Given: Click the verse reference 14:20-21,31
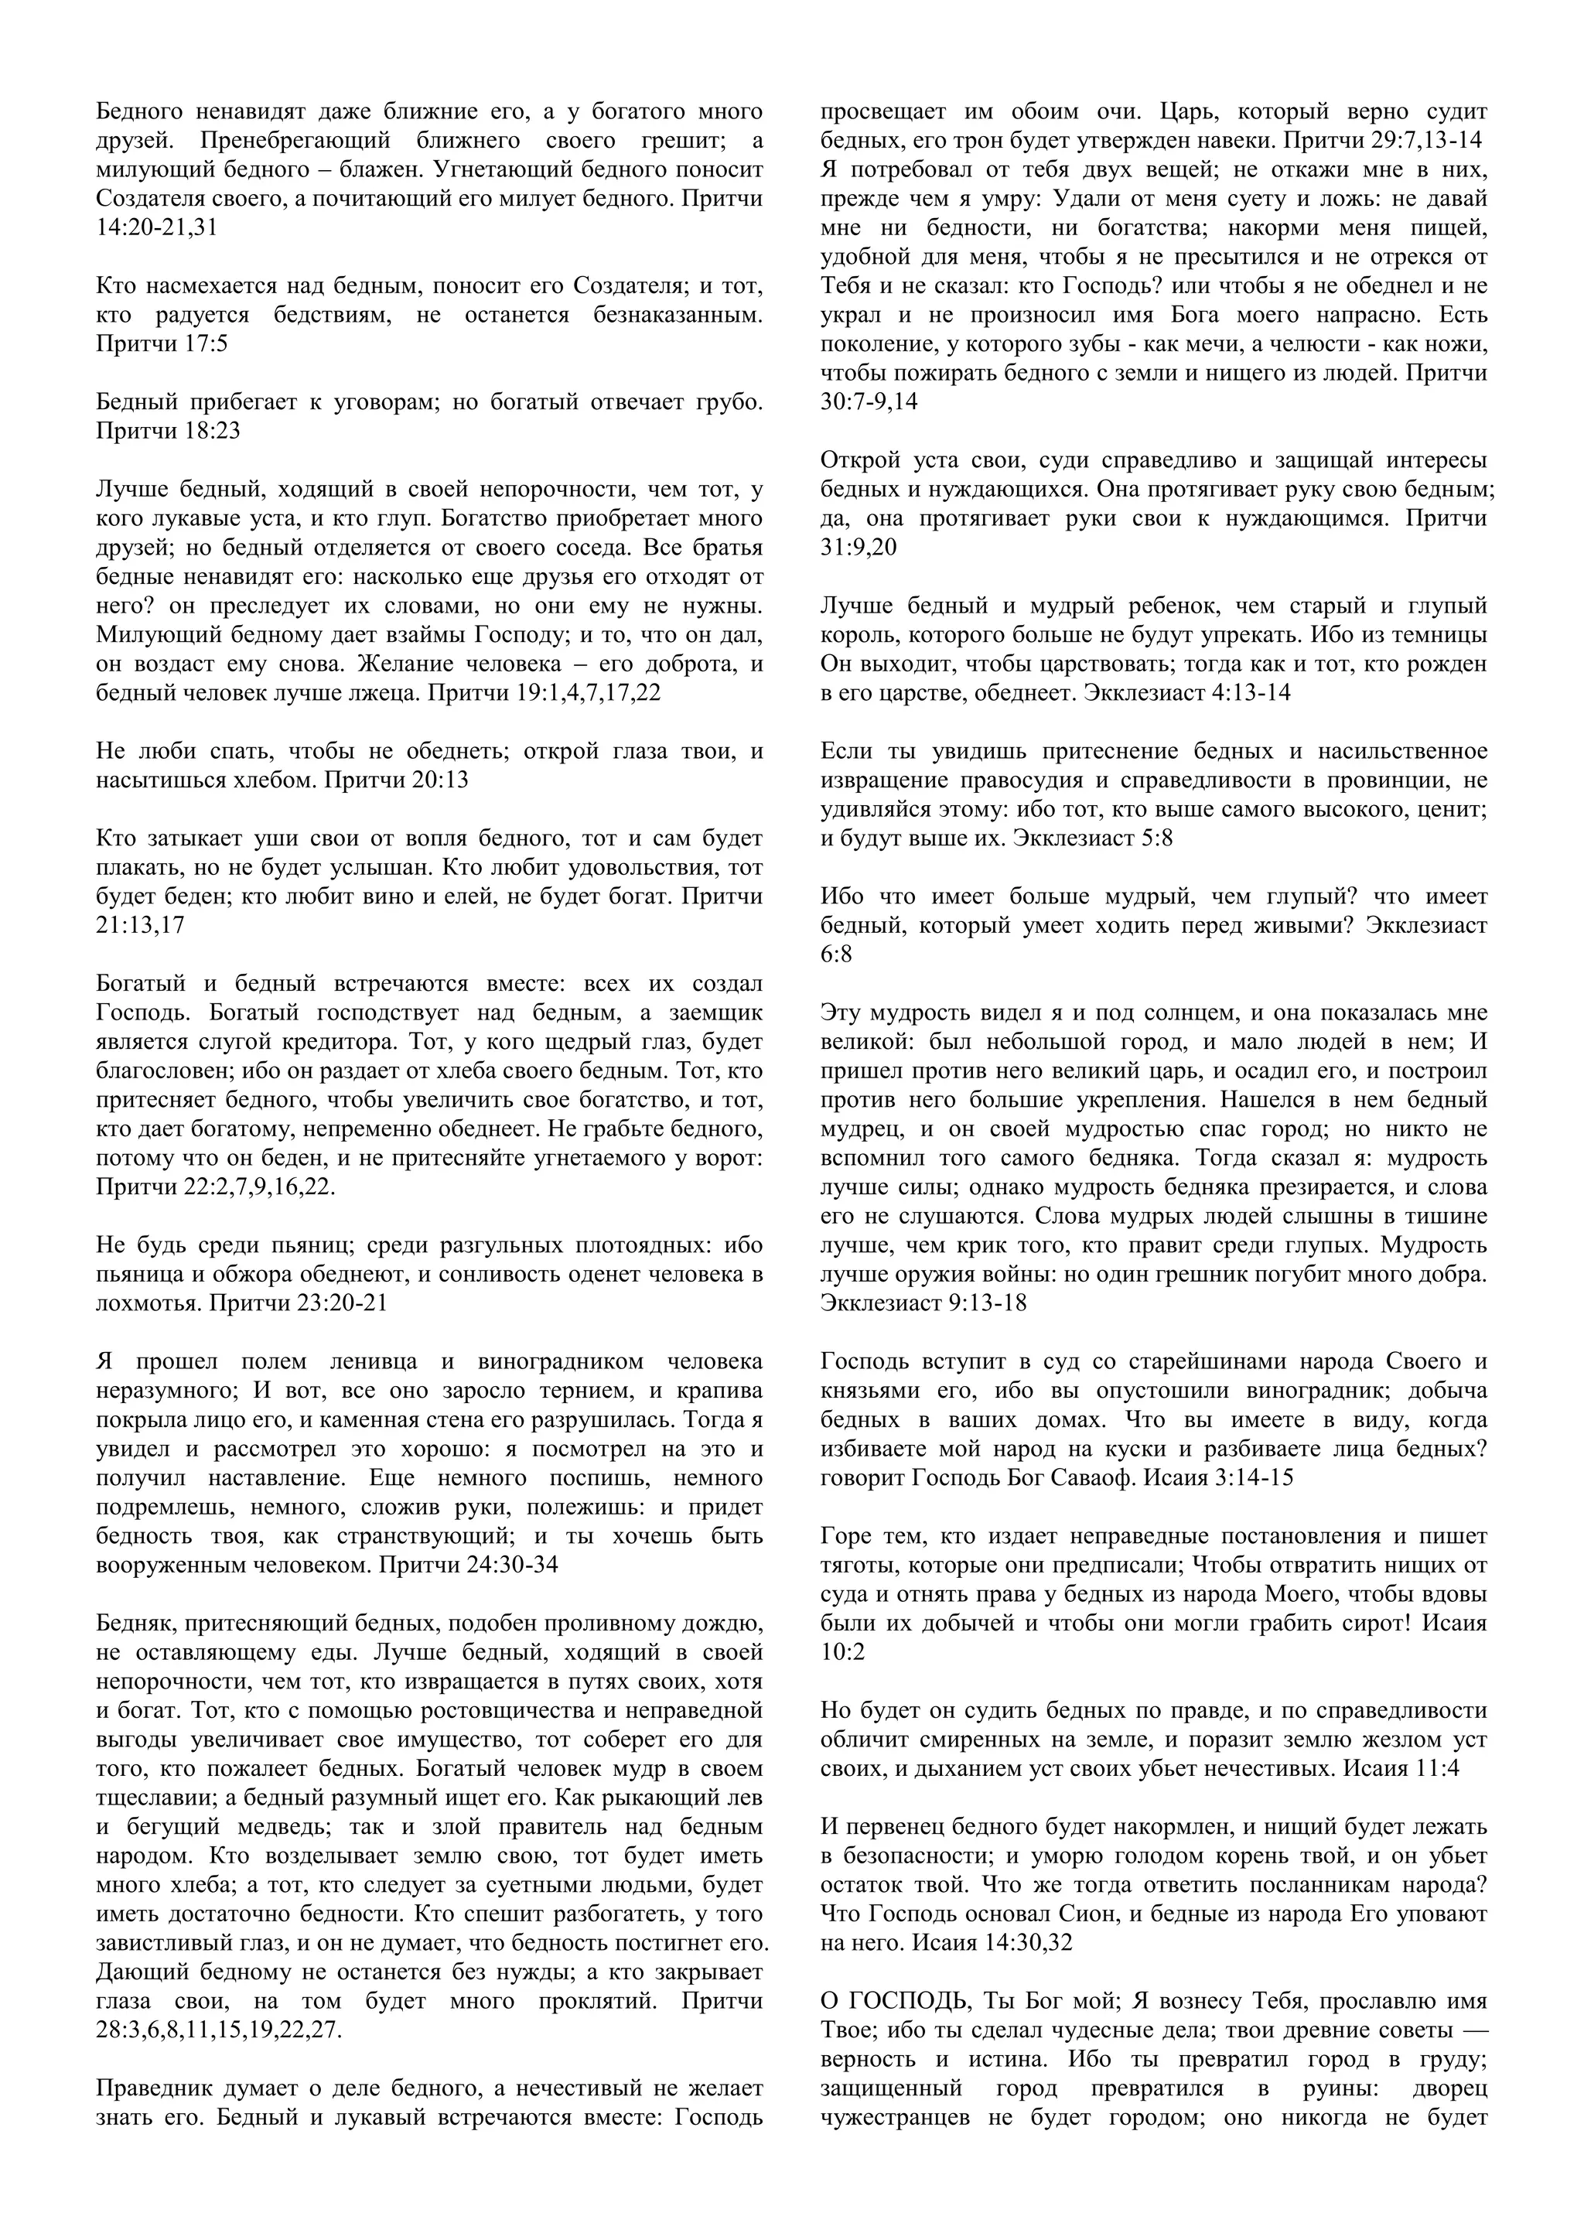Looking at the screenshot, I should click(x=157, y=228).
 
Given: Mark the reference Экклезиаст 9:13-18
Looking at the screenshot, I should click(x=923, y=1303).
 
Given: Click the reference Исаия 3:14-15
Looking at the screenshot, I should click(x=1218, y=1478).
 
